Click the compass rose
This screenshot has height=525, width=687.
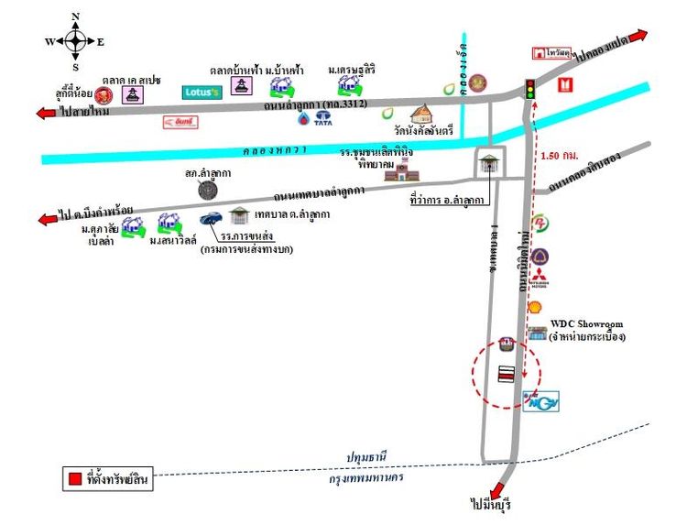74,40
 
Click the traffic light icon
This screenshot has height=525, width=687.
529,89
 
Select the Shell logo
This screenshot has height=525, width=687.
536,308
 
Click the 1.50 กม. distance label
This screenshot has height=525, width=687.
560,155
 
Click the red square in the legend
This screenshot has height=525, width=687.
74,477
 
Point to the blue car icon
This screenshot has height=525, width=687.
211,219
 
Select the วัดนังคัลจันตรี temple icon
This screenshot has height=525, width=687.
423,115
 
